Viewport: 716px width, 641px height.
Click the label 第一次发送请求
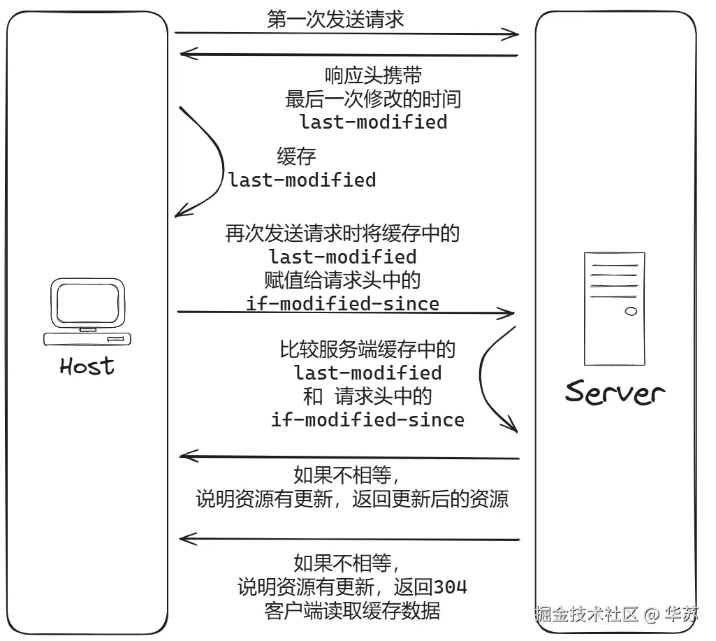click(x=335, y=19)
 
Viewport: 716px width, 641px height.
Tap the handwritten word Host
click(x=87, y=366)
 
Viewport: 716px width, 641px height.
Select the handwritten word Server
click(x=615, y=392)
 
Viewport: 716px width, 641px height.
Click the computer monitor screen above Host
click(x=87, y=302)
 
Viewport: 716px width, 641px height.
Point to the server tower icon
click(x=614, y=308)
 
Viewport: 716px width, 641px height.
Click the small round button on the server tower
click(x=631, y=310)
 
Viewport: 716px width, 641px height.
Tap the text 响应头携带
click(x=373, y=75)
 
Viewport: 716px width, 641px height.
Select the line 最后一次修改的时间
click(x=373, y=99)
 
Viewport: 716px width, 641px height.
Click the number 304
click(x=451, y=586)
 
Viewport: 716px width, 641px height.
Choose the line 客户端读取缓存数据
click(x=353, y=610)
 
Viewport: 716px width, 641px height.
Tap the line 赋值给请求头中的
click(x=342, y=280)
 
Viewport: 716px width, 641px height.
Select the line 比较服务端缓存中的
click(x=367, y=349)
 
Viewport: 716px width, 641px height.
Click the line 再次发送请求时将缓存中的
click(x=342, y=233)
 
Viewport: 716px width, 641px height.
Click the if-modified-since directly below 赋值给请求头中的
click(x=342, y=303)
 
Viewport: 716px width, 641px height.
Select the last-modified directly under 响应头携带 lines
click(x=373, y=122)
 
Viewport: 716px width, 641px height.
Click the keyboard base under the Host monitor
click(x=87, y=339)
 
